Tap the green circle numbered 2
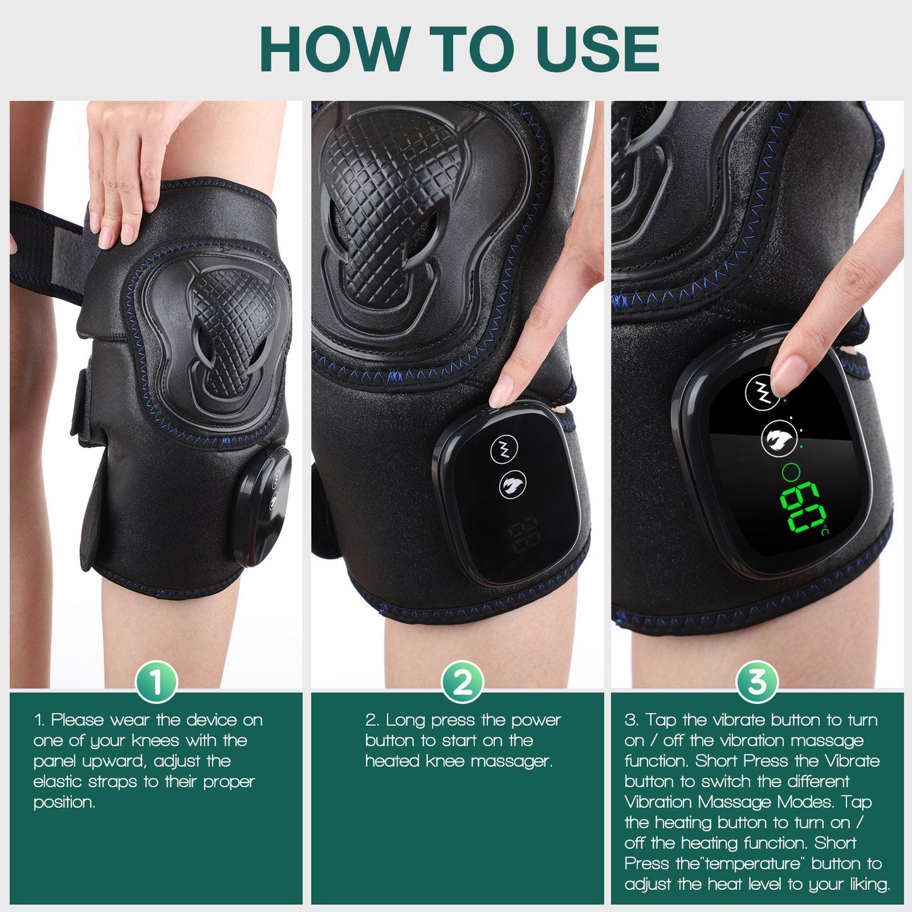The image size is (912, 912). pos(462,682)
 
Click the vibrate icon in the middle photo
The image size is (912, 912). pos(504,449)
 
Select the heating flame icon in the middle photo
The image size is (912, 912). pos(511,485)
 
